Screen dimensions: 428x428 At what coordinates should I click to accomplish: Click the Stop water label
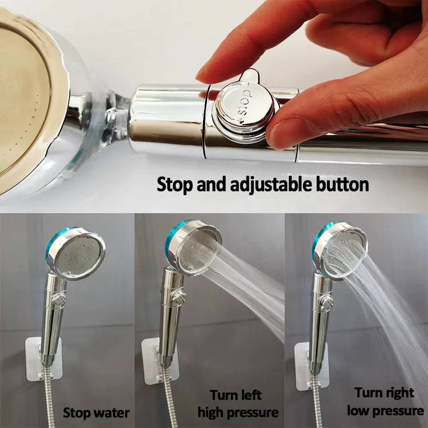(x=96, y=412)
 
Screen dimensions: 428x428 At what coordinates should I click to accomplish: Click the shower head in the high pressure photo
(x=194, y=249)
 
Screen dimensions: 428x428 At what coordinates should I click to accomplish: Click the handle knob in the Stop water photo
(x=58, y=299)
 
